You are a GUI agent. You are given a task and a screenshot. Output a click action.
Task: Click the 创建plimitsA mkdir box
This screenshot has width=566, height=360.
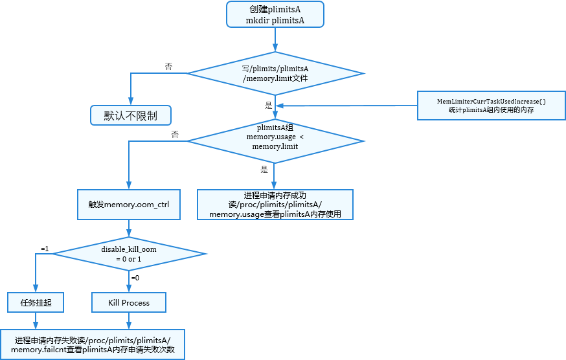click(275, 14)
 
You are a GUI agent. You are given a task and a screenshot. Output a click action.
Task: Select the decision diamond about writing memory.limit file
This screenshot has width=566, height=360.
click(275, 73)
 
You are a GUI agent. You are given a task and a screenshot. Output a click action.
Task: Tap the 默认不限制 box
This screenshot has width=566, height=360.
click(130, 115)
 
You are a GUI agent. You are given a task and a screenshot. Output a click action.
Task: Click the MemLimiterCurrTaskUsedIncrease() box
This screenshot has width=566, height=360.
click(490, 106)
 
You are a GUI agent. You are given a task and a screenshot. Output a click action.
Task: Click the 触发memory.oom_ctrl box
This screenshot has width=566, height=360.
click(129, 204)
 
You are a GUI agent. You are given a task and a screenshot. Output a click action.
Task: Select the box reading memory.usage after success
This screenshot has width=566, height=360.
click(275, 205)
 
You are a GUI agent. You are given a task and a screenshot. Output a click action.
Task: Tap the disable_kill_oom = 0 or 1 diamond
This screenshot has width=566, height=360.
click(129, 253)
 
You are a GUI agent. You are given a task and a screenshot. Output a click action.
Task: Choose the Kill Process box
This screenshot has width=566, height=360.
click(129, 302)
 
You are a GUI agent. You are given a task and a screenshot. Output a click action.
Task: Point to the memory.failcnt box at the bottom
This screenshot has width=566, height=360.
click(93, 344)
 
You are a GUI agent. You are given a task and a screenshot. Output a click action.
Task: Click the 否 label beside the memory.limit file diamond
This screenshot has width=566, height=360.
click(168, 67)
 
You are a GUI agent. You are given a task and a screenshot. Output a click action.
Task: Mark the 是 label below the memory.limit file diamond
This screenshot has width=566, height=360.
click(268, 104)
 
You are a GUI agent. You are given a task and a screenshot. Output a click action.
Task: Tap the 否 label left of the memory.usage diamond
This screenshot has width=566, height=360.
click(175, 135)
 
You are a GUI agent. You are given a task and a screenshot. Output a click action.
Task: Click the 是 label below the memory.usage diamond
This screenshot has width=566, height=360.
click(264, 170)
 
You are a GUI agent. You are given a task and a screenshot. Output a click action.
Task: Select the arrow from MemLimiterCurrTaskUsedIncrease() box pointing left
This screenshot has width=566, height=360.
click(346, 106)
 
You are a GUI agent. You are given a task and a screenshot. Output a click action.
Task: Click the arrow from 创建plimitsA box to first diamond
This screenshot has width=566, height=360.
click(275, 39)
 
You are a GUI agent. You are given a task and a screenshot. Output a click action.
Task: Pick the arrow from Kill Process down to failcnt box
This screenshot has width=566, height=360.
click(129, 321)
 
